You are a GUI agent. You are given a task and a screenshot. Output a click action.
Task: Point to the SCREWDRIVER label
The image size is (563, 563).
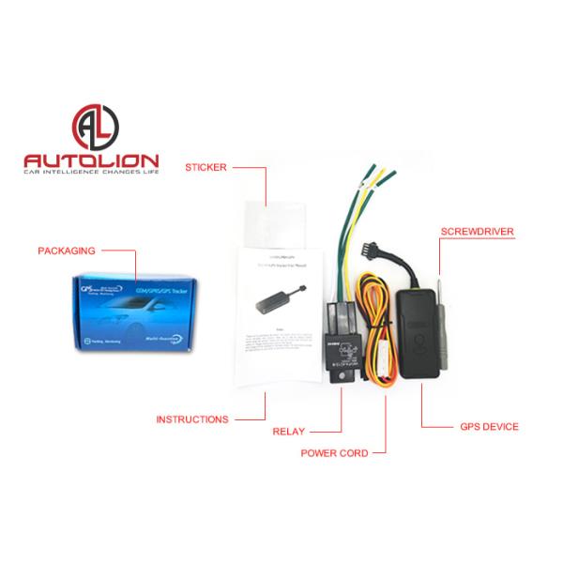pyautogui.click(x=484, y=230)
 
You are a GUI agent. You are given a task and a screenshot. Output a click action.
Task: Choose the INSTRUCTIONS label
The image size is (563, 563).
pyautogui.click(x=193, y=419)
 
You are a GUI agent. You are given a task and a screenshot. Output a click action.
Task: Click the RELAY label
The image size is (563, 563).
pyautogui.click(x=287, y=433)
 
